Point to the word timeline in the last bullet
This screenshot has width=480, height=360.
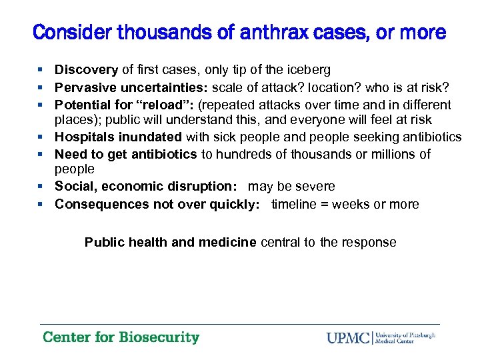pos(295,204)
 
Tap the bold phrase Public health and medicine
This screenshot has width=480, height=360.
pos(170,242)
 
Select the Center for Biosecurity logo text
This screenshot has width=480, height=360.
pos(121,337)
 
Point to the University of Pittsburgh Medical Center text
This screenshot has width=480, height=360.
pos(406,337)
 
